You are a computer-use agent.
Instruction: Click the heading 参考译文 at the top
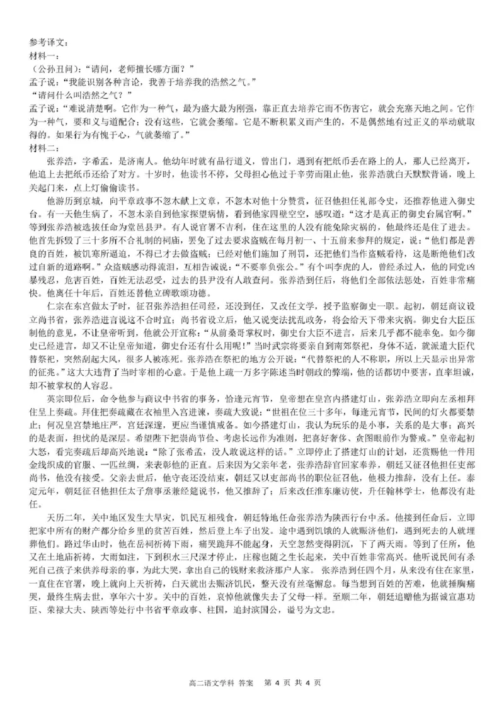point(48,43)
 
